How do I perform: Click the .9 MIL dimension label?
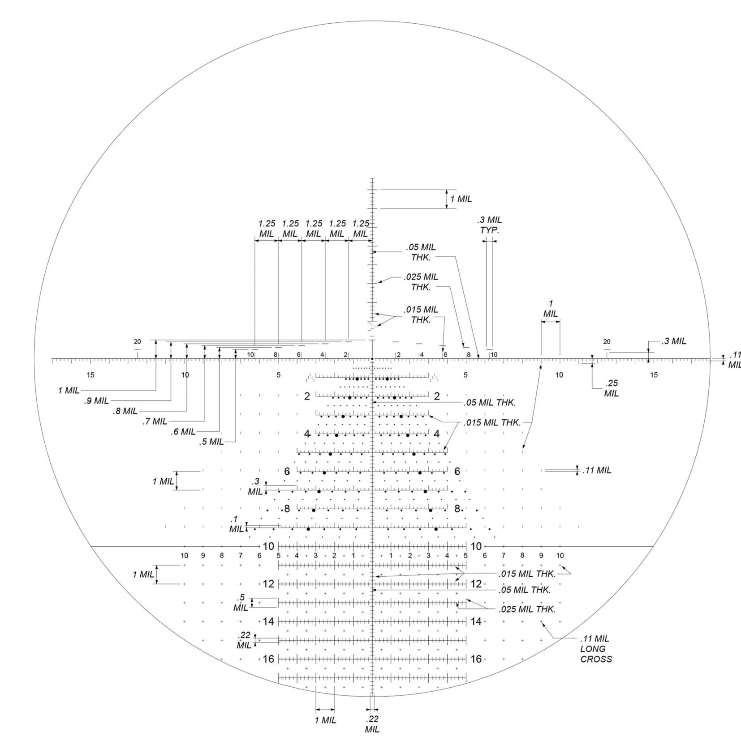(96, 400)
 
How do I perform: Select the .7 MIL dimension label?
(155, 421)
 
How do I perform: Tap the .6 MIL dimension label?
(183, 432)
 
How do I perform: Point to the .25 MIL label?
(612, 388)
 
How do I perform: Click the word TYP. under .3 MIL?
(489, 230)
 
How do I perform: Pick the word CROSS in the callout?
(596, 659)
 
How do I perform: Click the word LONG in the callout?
(593, 649)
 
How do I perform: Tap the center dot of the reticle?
(372, 359)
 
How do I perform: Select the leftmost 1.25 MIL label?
(267, 229)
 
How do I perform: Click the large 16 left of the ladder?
(268, 659)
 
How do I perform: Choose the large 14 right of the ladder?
(476, 621)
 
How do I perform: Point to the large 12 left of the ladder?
(268, 584)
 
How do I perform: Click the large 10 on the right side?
(476, 546)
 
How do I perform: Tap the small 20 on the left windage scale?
(137, 342)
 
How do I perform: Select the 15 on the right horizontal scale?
(654, 375)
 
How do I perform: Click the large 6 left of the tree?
(287, 472)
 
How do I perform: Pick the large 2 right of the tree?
(437, 396)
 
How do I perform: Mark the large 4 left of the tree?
(307, 434)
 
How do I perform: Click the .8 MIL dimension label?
(125, 411)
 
